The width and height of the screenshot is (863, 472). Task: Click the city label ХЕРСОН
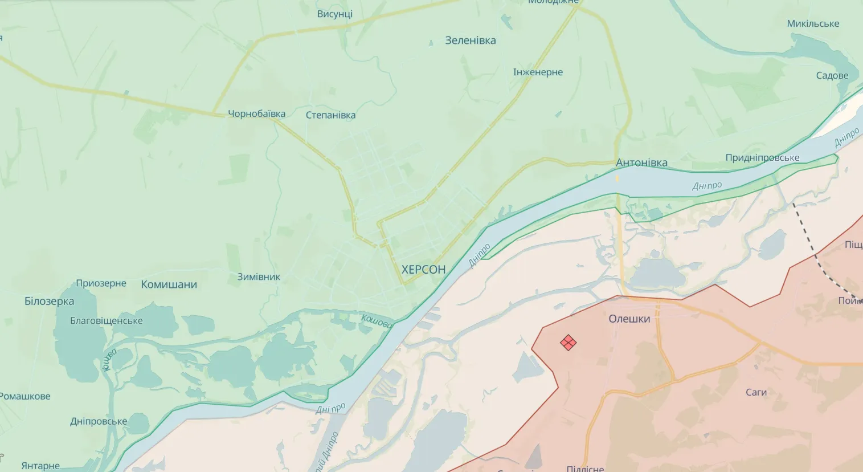click(423, 270)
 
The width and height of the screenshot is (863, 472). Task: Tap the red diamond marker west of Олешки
click(568, 343)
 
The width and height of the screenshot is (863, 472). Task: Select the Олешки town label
click(629, 319)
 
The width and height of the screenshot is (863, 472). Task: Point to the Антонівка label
click(641, 162)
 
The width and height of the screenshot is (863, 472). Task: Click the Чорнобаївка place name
click(256, 113)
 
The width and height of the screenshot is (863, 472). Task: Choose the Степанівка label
click(330, 115)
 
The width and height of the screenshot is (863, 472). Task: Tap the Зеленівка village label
click(470, 40)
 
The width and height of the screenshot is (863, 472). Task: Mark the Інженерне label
click(538, 72)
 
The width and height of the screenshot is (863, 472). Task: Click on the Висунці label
click(334, 14)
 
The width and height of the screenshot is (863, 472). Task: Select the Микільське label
click(813, 23)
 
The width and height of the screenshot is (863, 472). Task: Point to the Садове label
click(832, 76)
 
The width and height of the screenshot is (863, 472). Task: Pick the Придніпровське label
click(762, 158)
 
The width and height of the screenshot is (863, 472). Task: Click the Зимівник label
click(259, 277)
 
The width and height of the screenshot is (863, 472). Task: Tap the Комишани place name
click(169, 284)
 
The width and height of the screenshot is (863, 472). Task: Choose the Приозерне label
click(101, 283)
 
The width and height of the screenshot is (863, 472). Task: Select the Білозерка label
click(49, 301)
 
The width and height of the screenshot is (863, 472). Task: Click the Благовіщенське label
click(106, 321)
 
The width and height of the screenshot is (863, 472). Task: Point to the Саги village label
click(756, 392)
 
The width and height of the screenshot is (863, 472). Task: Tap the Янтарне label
click(40, 466)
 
